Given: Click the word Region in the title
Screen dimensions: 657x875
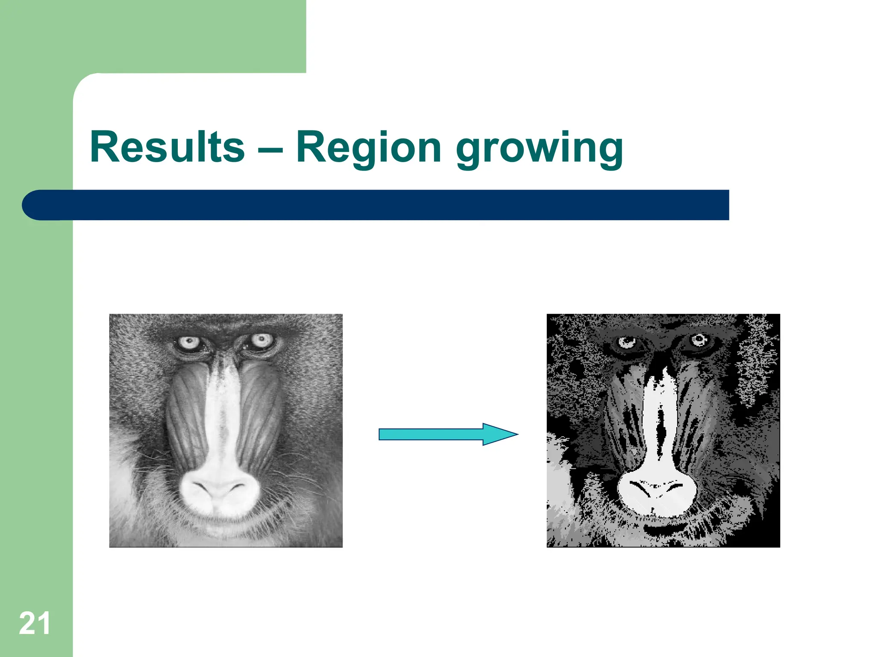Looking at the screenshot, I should click(x=368, y=148).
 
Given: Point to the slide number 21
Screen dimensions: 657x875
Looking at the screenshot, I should click(x=34, y=624).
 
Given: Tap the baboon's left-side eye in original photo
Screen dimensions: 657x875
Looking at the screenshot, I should click(x=189, y=342).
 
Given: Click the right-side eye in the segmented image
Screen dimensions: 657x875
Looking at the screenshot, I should click(x=699, y=340).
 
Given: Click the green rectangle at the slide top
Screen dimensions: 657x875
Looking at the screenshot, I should click(x=171, y=34).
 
